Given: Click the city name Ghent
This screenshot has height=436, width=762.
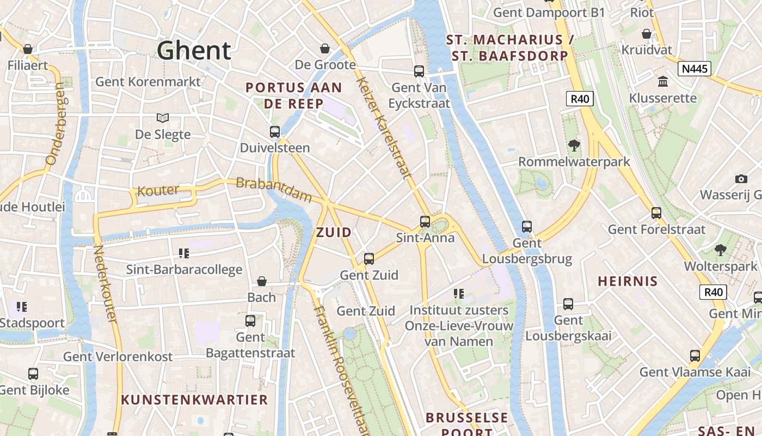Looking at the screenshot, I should (x=194, y=51).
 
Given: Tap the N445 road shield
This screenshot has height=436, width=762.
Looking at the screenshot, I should (x=694, y=68).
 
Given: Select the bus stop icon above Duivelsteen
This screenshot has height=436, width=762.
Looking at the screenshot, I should (x=275, y=131).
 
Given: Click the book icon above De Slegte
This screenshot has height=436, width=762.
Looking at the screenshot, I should (x=162, y=118).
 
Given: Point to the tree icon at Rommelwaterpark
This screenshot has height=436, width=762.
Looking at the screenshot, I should (x=574, y=145).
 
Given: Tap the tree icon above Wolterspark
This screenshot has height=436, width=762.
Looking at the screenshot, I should (x=721, y=250).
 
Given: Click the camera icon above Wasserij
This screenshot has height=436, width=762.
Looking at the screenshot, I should (x=741, y=179).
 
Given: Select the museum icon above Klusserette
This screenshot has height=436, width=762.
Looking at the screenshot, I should (x=663, y=82).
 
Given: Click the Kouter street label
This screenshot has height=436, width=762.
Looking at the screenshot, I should (x=158, y=191).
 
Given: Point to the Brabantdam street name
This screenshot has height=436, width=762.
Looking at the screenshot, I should (x=274, y=190).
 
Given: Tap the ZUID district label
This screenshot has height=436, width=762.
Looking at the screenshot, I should (x=334, y=232).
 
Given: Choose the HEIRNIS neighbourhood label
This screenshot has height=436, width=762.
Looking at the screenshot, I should (x=628, y=281).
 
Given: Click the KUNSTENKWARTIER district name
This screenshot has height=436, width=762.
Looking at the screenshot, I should (x=194, y=399).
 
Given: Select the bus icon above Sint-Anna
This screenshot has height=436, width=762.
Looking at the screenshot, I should (x=425, y=221).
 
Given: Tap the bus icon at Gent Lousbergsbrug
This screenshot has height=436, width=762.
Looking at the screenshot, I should (x=526, y=226).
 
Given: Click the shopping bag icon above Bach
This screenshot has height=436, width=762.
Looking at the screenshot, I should (x=262, y=281).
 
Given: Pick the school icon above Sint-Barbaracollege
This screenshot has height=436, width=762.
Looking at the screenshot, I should (x=184, y=253).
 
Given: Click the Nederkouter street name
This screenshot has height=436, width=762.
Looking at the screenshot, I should (x=106, y=283).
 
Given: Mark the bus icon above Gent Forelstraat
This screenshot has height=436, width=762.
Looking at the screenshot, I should (x=656, y=213).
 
